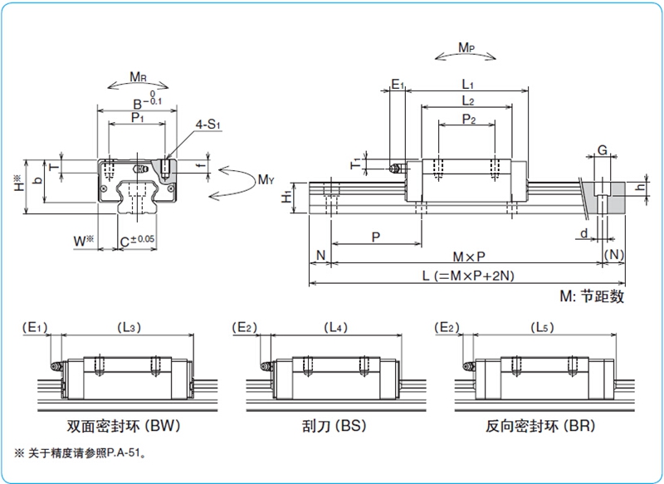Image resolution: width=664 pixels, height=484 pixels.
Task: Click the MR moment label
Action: pyautogui.click(x=138, y=76)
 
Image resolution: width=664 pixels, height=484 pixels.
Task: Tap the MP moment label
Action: pyautogui.click(x=466, y=47)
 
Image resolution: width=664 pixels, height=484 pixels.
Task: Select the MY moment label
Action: pyautogui.click(x=266, y=179)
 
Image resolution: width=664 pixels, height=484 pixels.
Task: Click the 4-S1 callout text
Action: pyautogui.click(x=207, y=125)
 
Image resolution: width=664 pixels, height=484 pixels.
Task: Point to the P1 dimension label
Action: pyautogui.click(x=137, y=117)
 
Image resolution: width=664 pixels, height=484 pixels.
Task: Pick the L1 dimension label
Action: pyautogui.click(x=467, y=85)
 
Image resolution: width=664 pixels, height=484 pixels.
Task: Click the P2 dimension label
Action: pyautogui.click(x=468, y=119)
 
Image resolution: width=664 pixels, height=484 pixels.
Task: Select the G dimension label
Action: pyautogui.click(x=602, y=150)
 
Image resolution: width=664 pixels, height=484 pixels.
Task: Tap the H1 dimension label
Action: pyautogui.click(x=286, y=197)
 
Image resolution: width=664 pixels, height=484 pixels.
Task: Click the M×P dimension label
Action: pyautogui.click(x=469, y=257)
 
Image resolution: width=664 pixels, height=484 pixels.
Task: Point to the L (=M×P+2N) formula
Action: pyautogui.click(x=468, y=276)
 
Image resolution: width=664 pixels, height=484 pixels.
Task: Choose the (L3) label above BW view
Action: pyautogui.click(x=129, y=327)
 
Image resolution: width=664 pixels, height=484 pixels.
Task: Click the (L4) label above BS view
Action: pyautogui.click(x=335, y=327)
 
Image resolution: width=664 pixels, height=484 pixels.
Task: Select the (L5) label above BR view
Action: pyautogui.click(x=542, y=327)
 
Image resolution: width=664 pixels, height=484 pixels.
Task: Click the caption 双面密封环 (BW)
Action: pyautogui.click(x=123, y=426)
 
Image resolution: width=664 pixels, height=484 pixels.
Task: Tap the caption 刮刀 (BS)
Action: pyautogui.click(x=334, y=426)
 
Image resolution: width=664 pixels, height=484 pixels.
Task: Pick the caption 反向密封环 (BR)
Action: pyautogui.click(x=540, y=426)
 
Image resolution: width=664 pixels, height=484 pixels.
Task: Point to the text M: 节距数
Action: pyautogui.click(x=592, y=296)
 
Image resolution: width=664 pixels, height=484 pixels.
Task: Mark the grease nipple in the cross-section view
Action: pyautogui.click(x=140, y=169)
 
